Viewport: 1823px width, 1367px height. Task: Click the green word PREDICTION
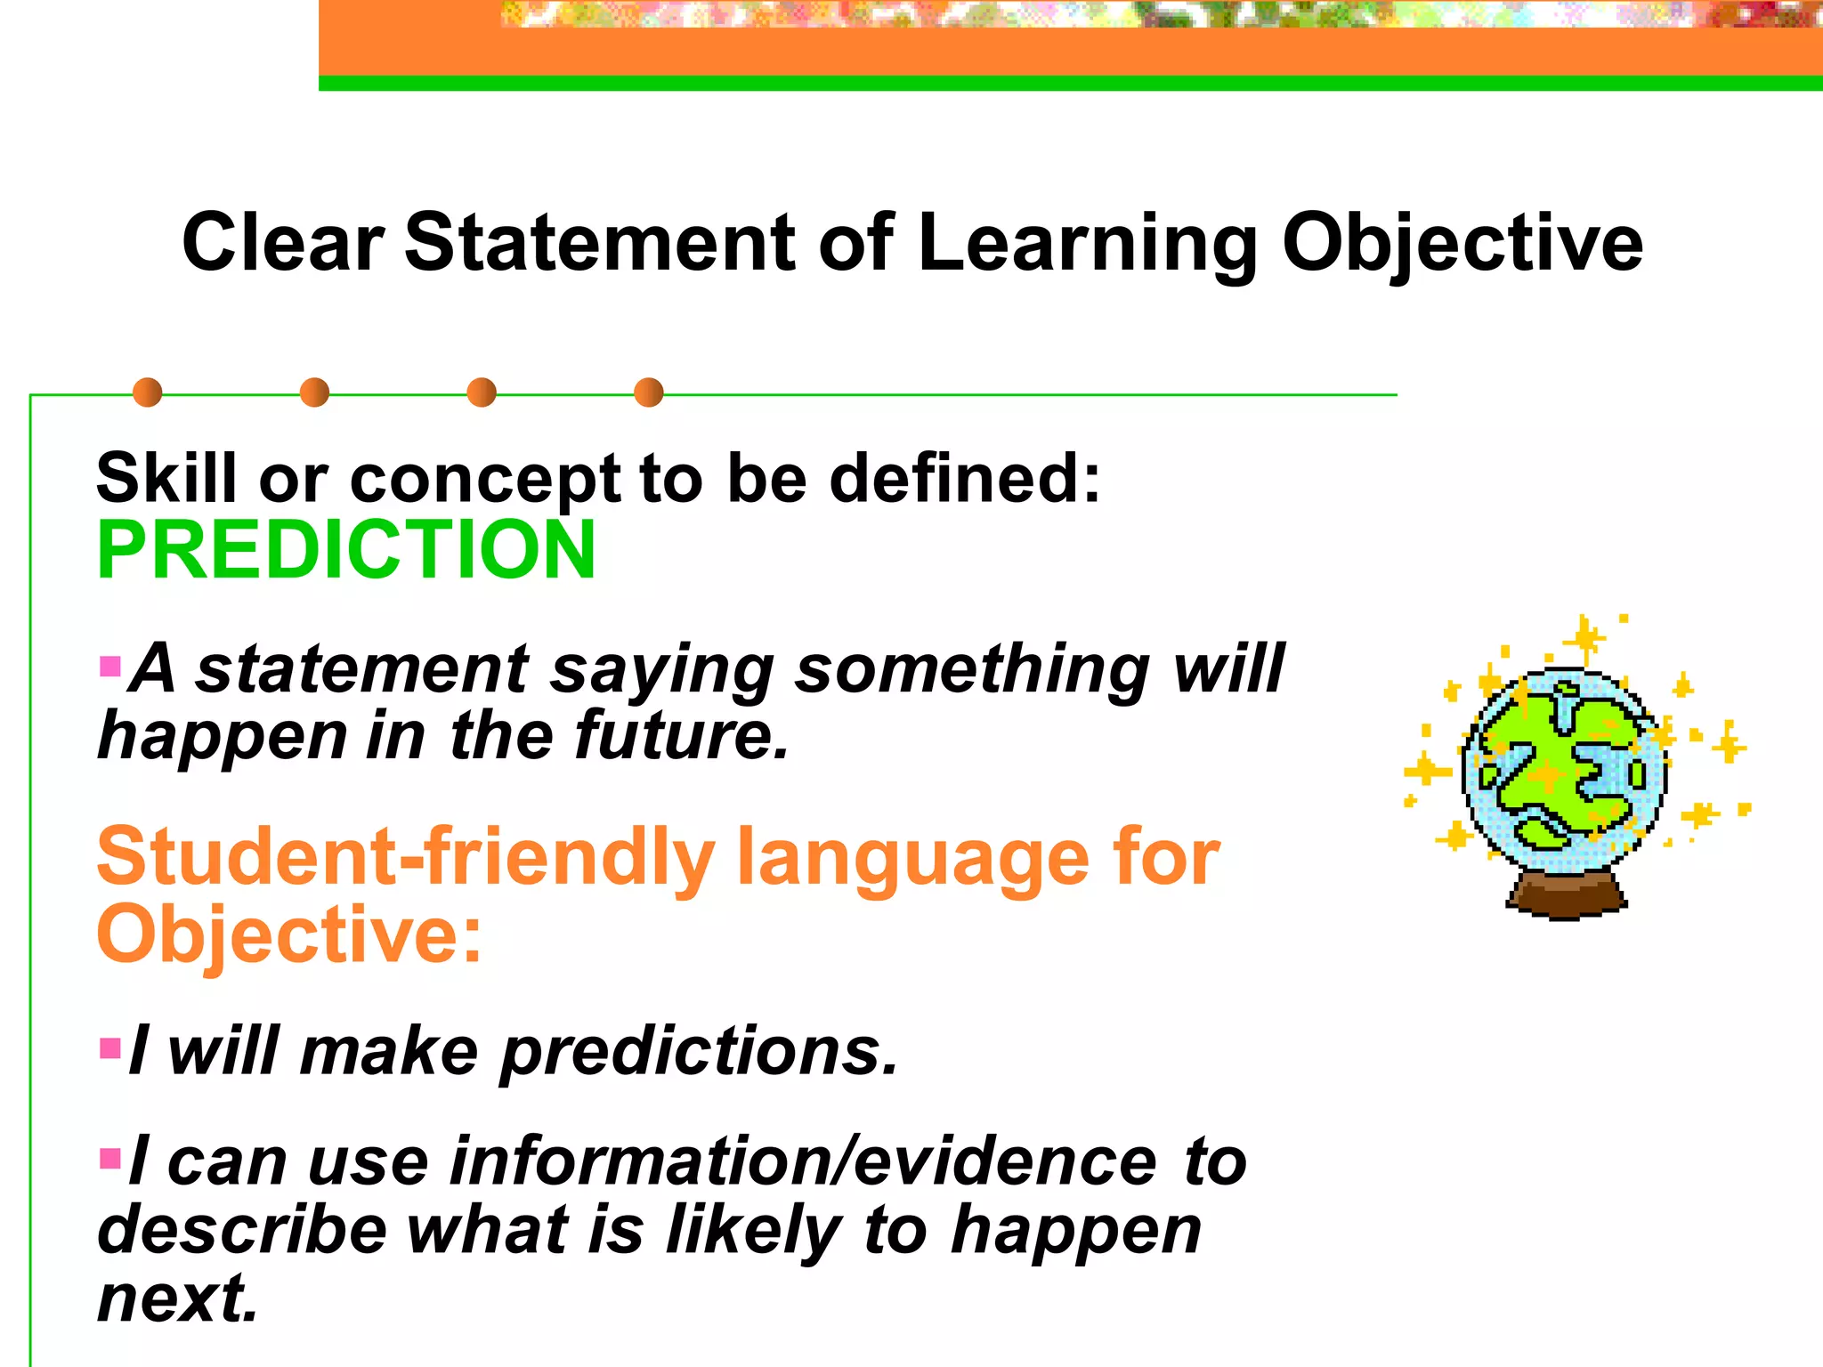pyautogui.click(x=345, y=550)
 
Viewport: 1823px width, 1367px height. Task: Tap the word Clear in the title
pyautogui.click(x=283, y=242)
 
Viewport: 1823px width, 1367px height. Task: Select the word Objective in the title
pyautogui.click(x=1462, y=244)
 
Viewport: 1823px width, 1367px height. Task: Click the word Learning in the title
pyautogui.click(x=1087, y=244)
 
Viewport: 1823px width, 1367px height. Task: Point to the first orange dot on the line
pyautogui.click(x=147, y=392)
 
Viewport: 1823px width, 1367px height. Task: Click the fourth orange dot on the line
pyautogui.click(x=649, y=392)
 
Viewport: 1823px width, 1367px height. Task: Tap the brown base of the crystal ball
pyautogui.click(x=1566, y=895)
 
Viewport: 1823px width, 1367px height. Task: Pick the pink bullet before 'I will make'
pyautogui.click(x=110, y=1047)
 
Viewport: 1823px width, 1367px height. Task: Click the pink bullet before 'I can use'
pyautogui.click(x=110, y=1158)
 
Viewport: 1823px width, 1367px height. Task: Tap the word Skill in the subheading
pyautogui.click(x=166, y=478)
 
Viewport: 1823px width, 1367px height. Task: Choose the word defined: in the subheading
pyautogui.click(x=965, y=478)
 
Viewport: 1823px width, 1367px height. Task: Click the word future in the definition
pyautogui.click(x=681, y=736)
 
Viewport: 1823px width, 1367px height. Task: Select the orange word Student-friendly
pyautogui.click(x=405, y=857)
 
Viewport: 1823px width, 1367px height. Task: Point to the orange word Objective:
pyautogui.click(x=289, y=934)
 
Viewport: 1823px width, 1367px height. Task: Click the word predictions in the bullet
pyautogui.click(x=699, y=1052)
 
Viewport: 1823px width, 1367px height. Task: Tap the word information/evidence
pyautogui.click(x=803, y=1161)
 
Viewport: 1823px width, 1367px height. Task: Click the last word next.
pyautogui.click(x=177, y=1298)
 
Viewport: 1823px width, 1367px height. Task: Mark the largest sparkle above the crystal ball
pyautogui.click(x=1584, y=638)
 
